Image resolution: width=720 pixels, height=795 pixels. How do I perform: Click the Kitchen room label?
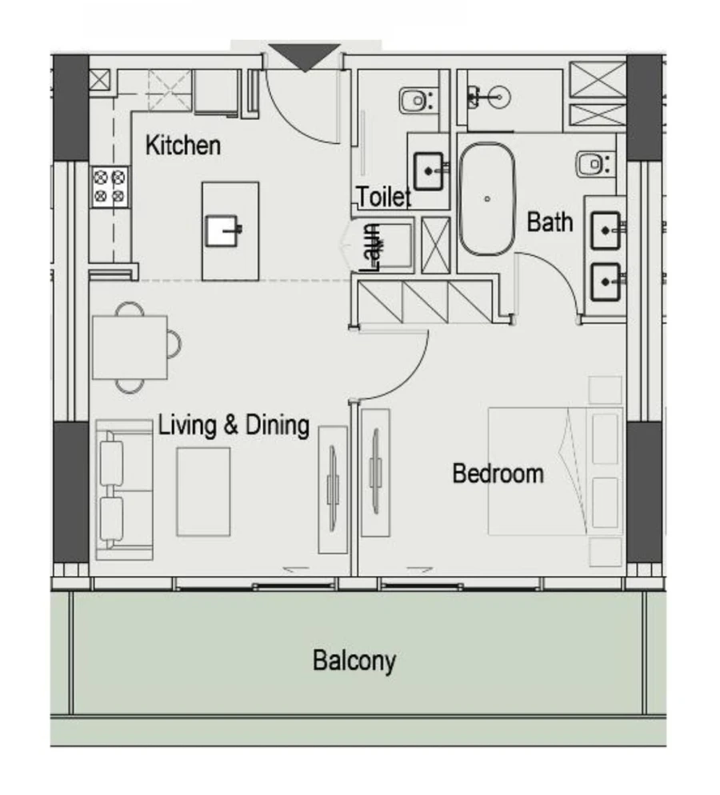coord(182,146)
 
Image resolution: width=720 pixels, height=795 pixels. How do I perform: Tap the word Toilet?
coord(383,196)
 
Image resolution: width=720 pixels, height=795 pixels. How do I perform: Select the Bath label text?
coord(550,222)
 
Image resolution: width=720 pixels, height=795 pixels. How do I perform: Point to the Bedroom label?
coord(498,473)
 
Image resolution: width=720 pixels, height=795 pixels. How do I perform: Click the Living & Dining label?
coord(234,425)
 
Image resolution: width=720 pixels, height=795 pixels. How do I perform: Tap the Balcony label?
coord(354,661)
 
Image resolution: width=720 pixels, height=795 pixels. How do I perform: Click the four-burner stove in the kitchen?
coord(110,186)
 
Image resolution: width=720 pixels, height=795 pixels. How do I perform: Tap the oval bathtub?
coord(486,198)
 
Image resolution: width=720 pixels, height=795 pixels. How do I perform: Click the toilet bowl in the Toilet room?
coord(416,101)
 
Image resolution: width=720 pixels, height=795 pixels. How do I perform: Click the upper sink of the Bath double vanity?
coord(606,231)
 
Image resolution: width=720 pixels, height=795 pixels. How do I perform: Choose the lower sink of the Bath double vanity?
coord(606,280)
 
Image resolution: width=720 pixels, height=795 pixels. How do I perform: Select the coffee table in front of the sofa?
coord(203,492)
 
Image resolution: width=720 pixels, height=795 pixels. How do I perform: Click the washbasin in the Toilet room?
coord(431,170)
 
